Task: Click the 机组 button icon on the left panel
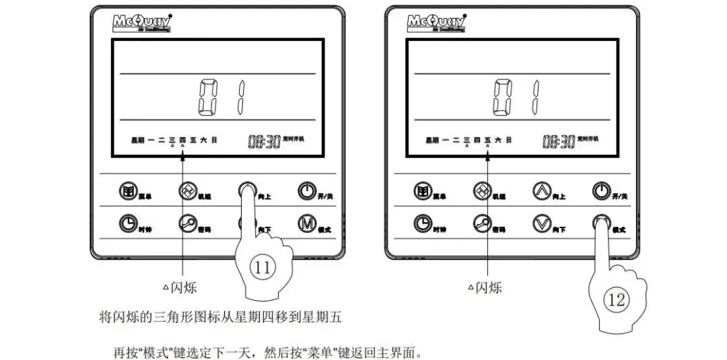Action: tap(187, 191)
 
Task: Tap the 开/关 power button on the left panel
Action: tap(306, 191)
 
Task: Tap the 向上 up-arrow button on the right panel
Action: tap(541, 191)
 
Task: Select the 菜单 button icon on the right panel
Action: tap(422, 191)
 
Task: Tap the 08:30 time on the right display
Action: tap(557, 141)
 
